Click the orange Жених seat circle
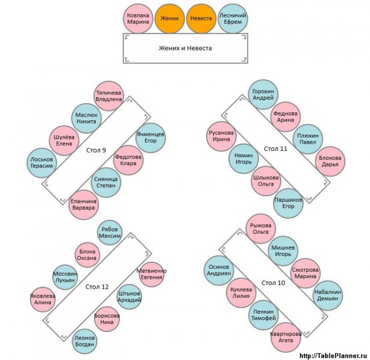pyautogui.click(x=170, y=18)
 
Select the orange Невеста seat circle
pyautogui.click(x=201, y=18)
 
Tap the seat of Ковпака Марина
pyautogui.click(x=138, y=18)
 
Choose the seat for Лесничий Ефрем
pyautogui.click(x=233, y=18)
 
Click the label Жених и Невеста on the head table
pyautogui.click(x=185, y=48)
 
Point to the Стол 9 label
pyautogui.click(x=96, y=150)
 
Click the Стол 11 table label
pyautogui.click(x=275, y=149)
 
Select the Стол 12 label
pyautogui.click(x=97, y=287)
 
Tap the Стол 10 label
pyautogui.click(x=273, y=283)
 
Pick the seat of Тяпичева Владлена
pyautogui.click(x=108, y=96)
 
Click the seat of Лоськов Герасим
pyautogui.click(x=42, y=163)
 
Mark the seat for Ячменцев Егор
pyautogui.click(x=151, y=138)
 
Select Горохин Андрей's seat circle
pyautogui.click(x=263, y=94)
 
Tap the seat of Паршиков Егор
pyautogui.click(x=288, y=203)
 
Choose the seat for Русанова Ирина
pyautogui.click(x=221, y=136)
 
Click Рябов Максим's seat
pyautogui.click(x=110, y=233)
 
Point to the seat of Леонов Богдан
pyautogui.click(x=85, y=341)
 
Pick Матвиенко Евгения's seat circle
pyautogui.click(x=152, y=274)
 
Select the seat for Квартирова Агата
pyautogui.click(x=286, y=337)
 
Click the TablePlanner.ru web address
pyautogui.click(x=334, y=356)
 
